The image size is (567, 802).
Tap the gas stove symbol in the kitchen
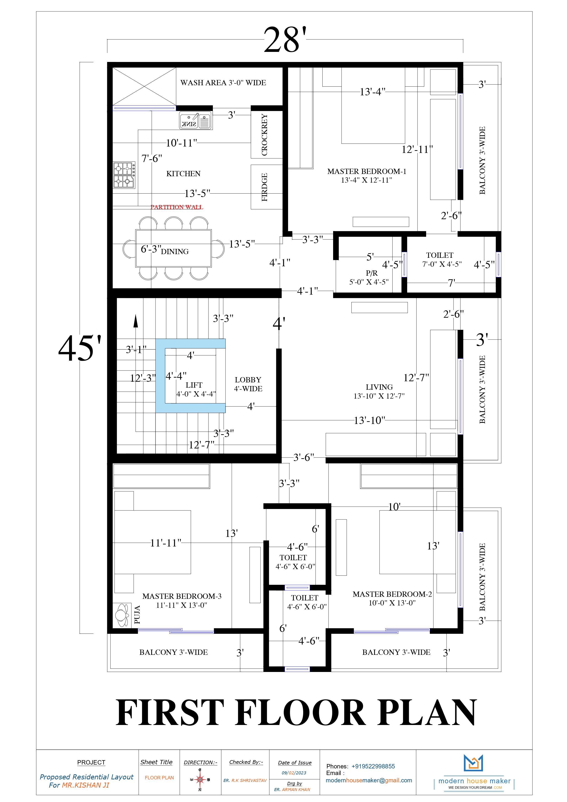click(124, 175)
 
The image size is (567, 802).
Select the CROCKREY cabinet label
click(265, 135)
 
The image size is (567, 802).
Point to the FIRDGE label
click(265, 187)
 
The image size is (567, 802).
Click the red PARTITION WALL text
click(177, 207)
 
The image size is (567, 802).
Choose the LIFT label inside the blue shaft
click(194, 385)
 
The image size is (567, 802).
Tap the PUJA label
click(137, 615)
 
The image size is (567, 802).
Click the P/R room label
click(371, 273)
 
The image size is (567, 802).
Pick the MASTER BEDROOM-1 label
click(367, 171)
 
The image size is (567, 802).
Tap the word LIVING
click(379, 387)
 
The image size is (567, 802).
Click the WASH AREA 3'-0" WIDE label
click(223, 83)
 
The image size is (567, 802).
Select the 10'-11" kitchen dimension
click(181, 143)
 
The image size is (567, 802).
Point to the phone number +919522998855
click(373, 766)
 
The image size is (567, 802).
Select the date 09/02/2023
click(294, 773)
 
